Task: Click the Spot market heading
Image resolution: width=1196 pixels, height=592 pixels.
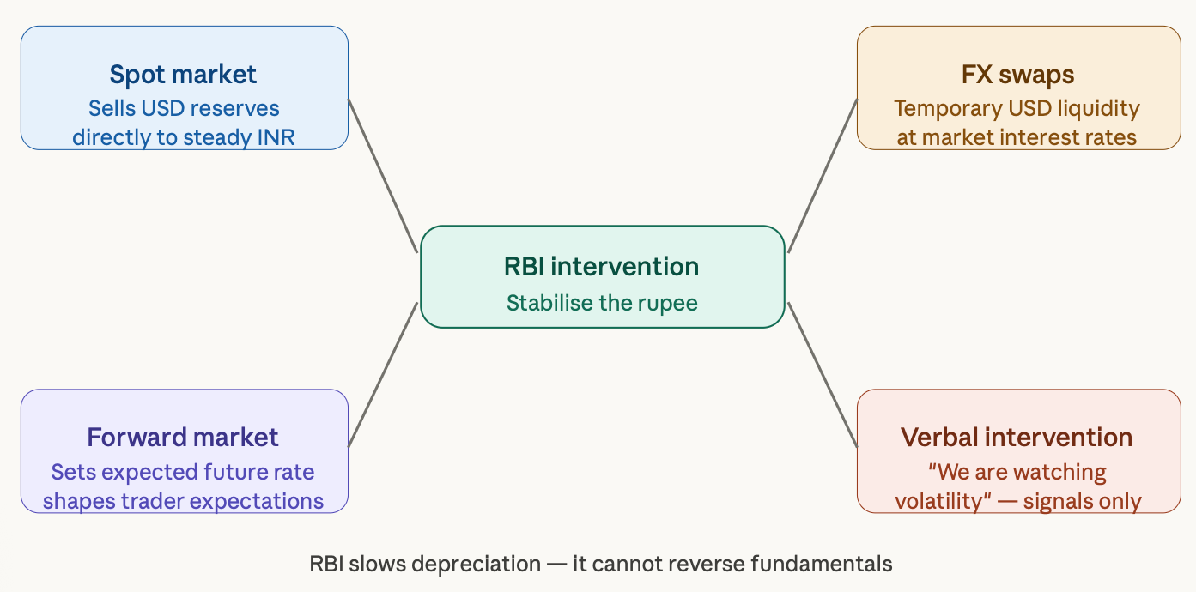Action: (183, 75)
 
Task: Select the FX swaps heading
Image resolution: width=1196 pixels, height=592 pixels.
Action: (1017, 75)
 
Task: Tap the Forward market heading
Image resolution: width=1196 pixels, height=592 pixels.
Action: (183, 438)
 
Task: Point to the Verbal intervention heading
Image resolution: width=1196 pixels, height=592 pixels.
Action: (1017, 438)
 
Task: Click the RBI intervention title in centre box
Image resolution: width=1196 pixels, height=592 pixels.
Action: (601, 267)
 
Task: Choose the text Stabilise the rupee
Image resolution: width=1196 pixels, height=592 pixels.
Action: (602, 303)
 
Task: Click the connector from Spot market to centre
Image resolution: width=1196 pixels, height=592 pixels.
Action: (383, 176)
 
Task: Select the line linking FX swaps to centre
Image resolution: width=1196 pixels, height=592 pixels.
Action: (823, 176)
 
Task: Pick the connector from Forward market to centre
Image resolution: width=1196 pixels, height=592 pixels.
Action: (383, 375)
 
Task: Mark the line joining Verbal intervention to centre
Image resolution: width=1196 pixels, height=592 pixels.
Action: (823, 375)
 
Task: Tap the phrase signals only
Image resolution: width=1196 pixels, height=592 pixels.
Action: (1083, 502)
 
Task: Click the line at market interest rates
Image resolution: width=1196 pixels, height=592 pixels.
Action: (1017, 137)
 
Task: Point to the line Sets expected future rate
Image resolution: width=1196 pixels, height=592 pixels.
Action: (183, 473)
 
